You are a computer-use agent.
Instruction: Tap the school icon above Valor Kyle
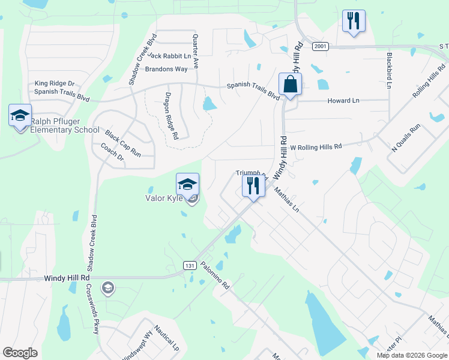tap(187, 184)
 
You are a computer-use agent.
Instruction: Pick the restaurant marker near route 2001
tap(353, 22)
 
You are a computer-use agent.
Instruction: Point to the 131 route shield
tap(188, 265)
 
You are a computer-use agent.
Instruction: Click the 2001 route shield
tap(320, 46)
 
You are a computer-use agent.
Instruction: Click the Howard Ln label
tap(343, 101)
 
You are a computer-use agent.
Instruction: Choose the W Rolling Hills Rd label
tap(316, 146)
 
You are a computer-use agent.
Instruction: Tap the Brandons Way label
tap(166, 69)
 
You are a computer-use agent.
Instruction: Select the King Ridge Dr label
tap(54, 83)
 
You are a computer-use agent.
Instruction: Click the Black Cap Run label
tap(122, 143)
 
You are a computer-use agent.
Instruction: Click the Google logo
tap(20, 353)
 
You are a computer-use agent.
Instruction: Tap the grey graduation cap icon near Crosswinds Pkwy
tap(107, 288)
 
